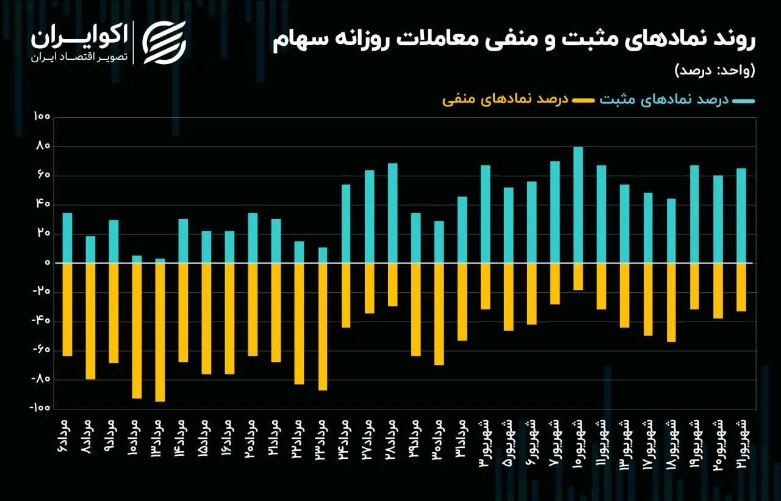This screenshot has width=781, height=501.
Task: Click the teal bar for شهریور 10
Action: [x=578, y=205]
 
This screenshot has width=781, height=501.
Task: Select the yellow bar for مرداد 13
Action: [x=160, y=332]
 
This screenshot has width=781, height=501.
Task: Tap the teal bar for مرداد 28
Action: [x=392, y=213]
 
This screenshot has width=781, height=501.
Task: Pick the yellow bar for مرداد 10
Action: [x=137, y=331]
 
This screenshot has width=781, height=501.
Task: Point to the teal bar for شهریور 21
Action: [x=741, y=216]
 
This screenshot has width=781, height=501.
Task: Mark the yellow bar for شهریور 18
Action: [x=671, y=302]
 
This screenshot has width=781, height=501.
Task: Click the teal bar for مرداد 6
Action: [x=67, y=238]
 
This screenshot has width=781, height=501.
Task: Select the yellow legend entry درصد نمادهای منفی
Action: [x=505, y=99]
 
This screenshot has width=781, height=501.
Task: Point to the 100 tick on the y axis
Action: [x=42, y=117]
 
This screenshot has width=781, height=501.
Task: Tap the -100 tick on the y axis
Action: [x=40, y=408]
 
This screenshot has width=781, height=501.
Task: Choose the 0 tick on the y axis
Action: [x=48, y=262]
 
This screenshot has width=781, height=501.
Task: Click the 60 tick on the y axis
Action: [x=43, y=175]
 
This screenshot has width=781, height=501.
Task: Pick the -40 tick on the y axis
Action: [x=41, y=320]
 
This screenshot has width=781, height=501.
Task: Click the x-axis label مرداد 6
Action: [x=65, y=436]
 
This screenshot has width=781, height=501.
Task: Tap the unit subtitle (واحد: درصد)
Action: [x=715, y=70]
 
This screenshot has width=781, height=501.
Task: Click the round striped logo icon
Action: [x=164, y=43]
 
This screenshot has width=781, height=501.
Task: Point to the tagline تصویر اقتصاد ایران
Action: [x=79, y=57]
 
